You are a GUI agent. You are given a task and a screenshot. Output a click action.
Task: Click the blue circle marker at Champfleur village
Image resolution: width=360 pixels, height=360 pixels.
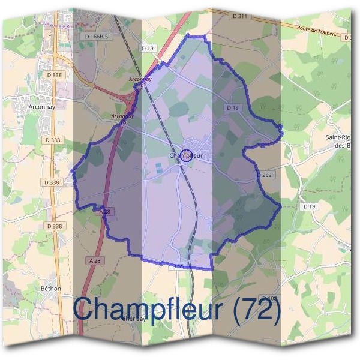pyautogui.click(x=186, y=156)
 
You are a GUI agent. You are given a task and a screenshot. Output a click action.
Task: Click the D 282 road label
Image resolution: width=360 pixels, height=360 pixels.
pyautogui.click(x=265, y=175)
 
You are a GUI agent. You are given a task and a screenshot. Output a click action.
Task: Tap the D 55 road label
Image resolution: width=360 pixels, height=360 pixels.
pyautogui.click(x=177, y=265)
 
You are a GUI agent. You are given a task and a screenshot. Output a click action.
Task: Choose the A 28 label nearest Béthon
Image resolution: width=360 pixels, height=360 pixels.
pyautogui.click(x=95, y=260)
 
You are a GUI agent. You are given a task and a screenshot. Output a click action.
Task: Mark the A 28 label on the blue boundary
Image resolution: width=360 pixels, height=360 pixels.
pyautogui.click(x=105, y=212)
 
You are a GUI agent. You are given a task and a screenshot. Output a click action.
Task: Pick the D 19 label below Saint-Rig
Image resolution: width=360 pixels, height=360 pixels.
pyautogui.click(x=310, y=206)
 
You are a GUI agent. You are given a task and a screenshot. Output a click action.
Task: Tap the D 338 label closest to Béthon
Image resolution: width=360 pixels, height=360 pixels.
pyautogui.click(x=54, y=226)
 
